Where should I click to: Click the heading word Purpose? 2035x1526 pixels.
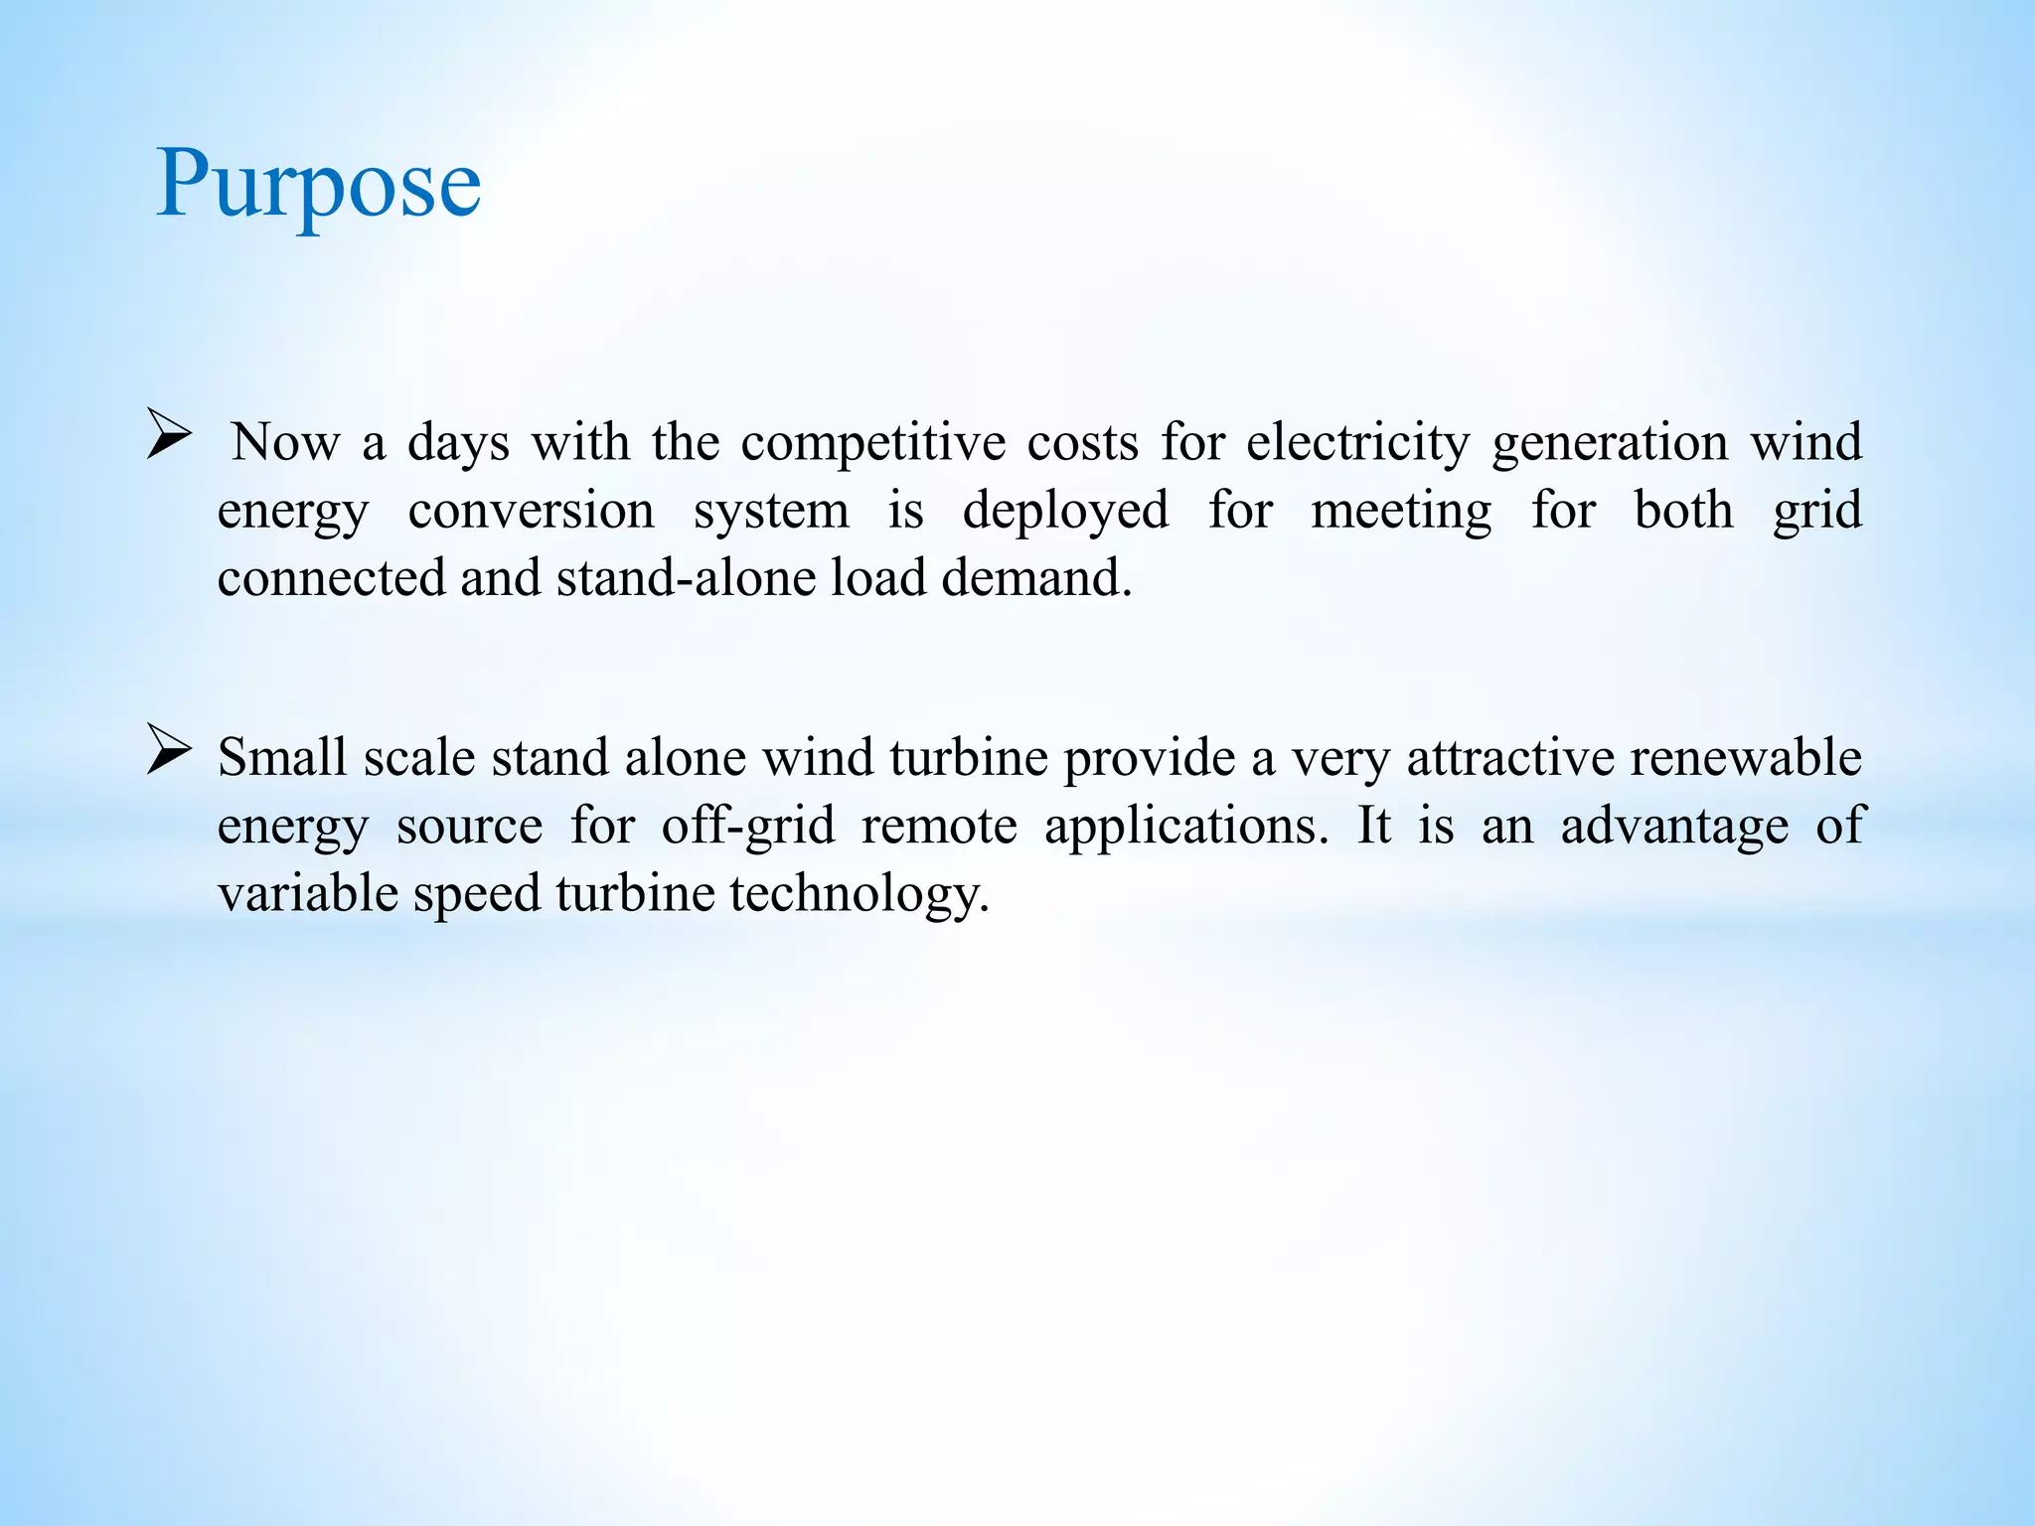(318, 185)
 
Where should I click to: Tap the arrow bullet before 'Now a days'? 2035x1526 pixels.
(168, 434)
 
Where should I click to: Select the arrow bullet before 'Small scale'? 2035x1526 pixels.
(168, 749)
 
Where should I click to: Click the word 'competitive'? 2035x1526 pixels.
(872, 442)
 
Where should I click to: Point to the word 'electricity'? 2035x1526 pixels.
(1357, 442)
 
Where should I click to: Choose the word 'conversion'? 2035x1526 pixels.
(531, 511)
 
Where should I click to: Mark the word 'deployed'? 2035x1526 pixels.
(1065, 511)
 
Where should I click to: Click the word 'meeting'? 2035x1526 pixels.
(1401, 511)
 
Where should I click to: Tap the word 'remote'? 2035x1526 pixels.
(939, 826)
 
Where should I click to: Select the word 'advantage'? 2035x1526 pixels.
(1674, 826)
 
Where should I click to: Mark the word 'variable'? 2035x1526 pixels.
(308, 893)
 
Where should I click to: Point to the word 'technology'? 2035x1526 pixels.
(859, 893)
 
